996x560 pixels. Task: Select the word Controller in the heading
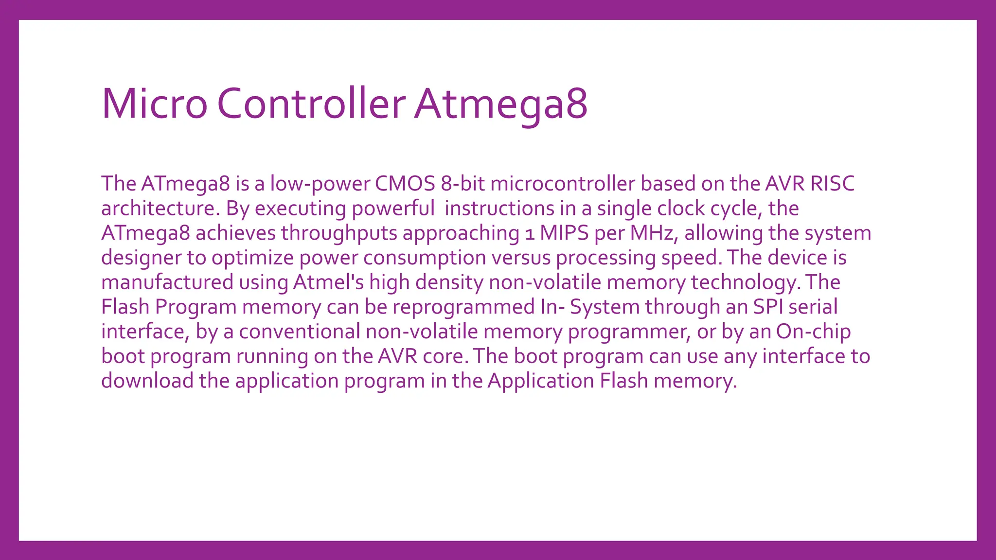(311, 104)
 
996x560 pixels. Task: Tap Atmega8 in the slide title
(501, 104)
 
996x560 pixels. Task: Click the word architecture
(158, 209)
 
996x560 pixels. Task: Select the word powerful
(393, 209)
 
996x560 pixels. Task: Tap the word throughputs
(339, 233)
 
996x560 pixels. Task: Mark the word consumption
(425, 258)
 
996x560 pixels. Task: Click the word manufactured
(167, 282)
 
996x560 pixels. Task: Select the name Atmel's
(328, 282)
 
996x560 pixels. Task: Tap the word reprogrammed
(463, 307)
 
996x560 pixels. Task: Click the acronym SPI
(768, 307)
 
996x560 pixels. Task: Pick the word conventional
(300, 332)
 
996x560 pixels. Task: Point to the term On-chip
(813, 332)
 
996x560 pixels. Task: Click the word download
(147, 381)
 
